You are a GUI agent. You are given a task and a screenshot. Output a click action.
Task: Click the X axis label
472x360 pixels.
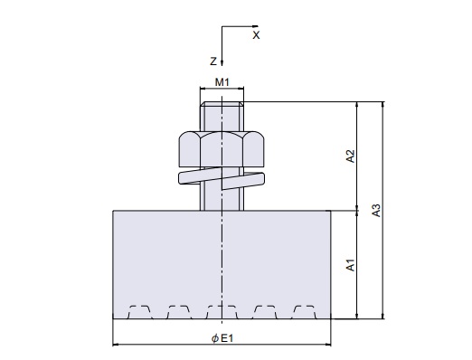pos(256,35)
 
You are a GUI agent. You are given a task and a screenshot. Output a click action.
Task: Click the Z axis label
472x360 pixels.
pos(213,62)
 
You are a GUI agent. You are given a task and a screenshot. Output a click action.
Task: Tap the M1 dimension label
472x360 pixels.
pos(222,82)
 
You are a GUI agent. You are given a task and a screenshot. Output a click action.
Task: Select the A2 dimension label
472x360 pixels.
pos(351,156)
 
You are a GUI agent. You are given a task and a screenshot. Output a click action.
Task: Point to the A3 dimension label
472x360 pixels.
pos(376,211)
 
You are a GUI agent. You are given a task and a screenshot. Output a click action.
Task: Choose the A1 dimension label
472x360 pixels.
pos(351,265)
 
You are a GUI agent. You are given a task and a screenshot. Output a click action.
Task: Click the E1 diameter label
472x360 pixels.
pos(227,338)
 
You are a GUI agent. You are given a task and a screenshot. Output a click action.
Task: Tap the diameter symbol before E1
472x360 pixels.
pos(215,338)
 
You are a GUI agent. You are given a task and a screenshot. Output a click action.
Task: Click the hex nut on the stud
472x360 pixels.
pos(222,149)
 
